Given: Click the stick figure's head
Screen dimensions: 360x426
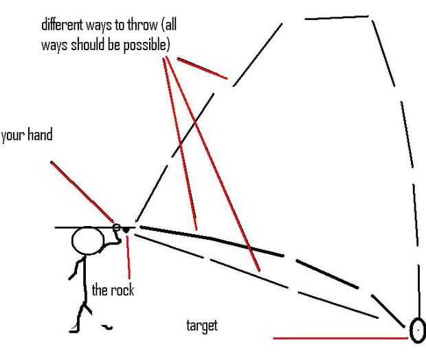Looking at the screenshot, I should click(x=89, y=241).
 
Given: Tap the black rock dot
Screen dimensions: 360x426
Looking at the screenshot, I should click(x=126, y=229).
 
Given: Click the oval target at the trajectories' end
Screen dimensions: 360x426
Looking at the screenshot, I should click(x=416, y=330).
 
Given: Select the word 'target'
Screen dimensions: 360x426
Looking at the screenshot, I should click(x=202, y=324).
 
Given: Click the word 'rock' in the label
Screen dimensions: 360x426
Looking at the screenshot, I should click(x=122, y=290).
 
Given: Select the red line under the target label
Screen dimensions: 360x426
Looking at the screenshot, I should click(x=340, y=337).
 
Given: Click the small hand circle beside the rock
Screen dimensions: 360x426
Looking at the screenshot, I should click(x=117, y=227).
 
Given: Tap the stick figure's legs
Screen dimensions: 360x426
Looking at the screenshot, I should click(x=80, y=313).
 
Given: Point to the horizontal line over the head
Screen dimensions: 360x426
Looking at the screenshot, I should click(x=82, y=227).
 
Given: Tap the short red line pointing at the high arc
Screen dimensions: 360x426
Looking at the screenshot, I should click(x=202, y=68).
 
